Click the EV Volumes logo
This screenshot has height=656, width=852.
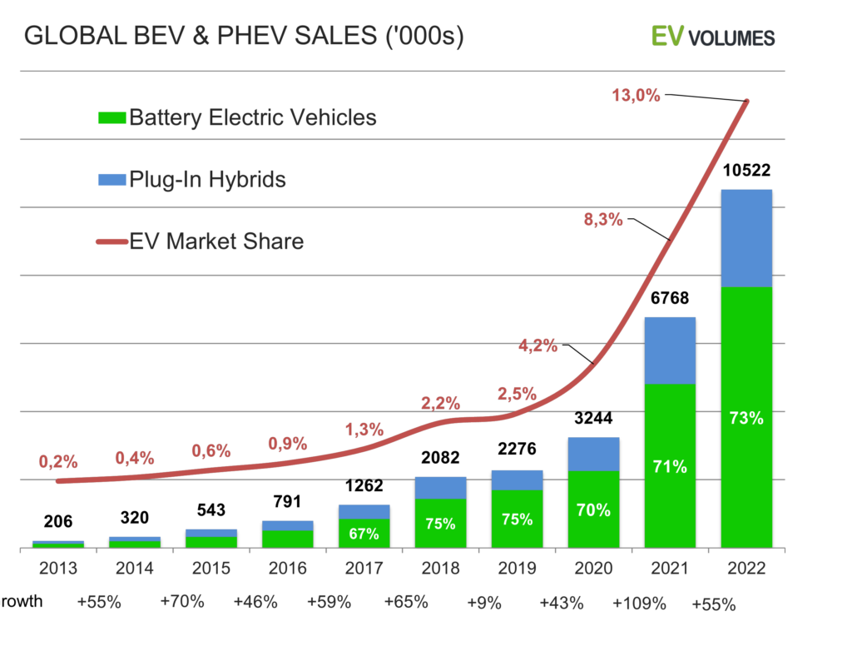tap(712, 37)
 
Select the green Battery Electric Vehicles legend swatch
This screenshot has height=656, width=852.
tap(111, 118)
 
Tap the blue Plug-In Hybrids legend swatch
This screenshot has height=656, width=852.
tap(111, 180)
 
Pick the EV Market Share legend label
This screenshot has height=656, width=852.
tap(216, 241)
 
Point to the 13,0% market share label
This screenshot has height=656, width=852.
tap(636, 95)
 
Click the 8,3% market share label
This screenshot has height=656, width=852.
tap(603, 220)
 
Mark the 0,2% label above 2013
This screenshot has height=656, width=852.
tap(58, 460)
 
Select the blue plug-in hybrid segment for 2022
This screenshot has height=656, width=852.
tap(746, 238)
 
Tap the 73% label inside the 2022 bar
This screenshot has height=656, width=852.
tap(746, 419)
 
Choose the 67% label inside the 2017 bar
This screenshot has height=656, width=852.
tap(364, 534)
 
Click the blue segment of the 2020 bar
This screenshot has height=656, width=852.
tap(593, 454)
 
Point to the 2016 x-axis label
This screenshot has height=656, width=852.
tap(287, 569)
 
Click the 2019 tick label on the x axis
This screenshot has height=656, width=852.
tap(517, 569)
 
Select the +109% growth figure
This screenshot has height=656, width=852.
tap(639, 604)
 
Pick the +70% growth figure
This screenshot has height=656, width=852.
tap(182, 601)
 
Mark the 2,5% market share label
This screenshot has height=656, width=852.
tap(517, 394)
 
